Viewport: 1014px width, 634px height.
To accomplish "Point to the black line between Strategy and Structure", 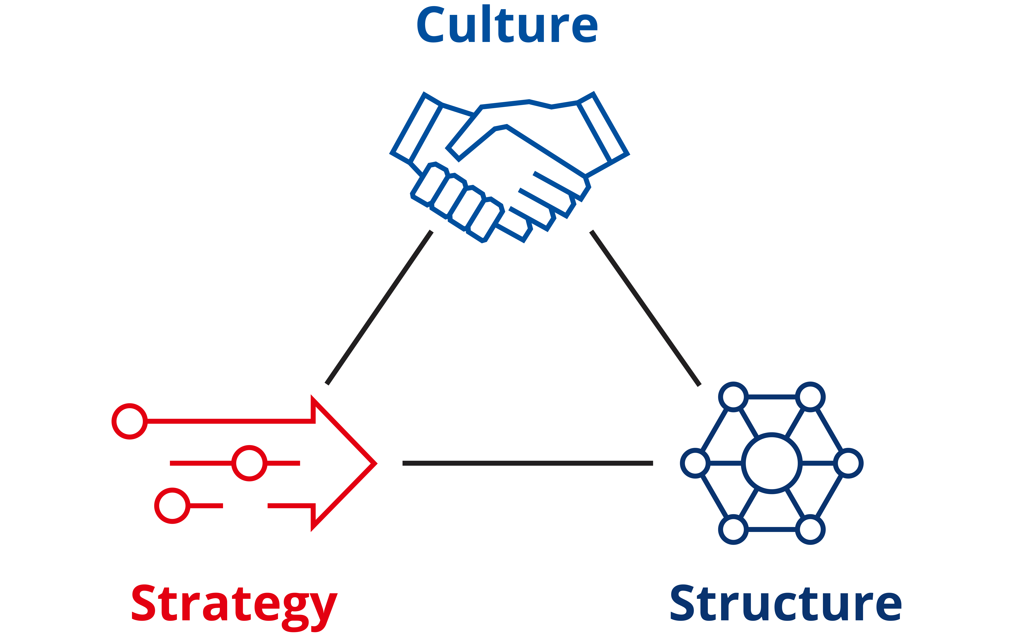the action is tap(528, 463).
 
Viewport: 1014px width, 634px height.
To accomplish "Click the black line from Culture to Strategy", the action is tap(379, 307).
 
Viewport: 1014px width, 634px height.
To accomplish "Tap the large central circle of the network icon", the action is tap(772, 463).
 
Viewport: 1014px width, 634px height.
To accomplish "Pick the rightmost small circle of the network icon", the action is tap(848, 463).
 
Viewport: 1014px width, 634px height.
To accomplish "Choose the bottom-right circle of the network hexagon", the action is tap(810, 530).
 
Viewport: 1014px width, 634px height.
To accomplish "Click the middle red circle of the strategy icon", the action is tap(249, 463).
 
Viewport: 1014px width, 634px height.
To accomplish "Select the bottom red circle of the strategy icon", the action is tap(172, 506).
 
